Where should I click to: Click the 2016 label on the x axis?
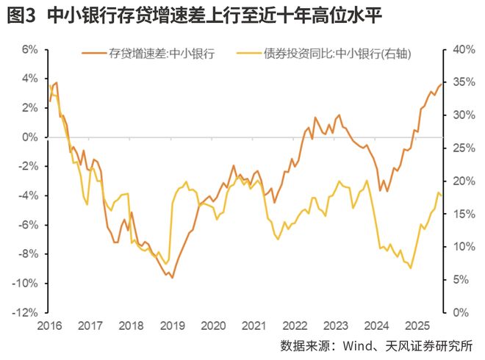point(50,325)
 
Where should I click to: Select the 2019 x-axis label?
point(172,325)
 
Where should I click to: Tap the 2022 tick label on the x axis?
point(295,325)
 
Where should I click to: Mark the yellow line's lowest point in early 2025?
point(410,268)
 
